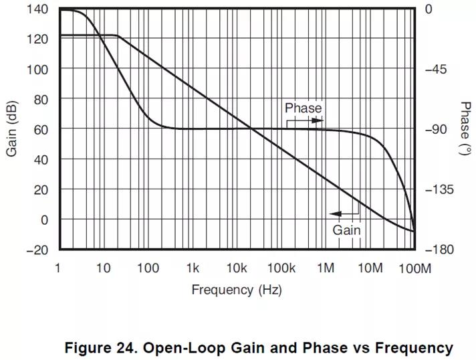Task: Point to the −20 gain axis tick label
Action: click(37, 250)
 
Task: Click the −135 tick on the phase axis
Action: click(439, 189)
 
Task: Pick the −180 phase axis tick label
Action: click(439, 250)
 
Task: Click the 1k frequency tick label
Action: click(193, 268)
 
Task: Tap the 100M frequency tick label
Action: click(414, 268)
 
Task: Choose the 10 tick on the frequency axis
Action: click(103, 268)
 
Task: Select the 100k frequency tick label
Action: click(281, 268)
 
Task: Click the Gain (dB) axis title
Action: click(12, 128)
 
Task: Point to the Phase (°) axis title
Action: click(465, 128)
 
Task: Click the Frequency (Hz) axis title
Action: click(236, 290)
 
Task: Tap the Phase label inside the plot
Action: click(303, 108)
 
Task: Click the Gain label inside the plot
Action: click(347, 230)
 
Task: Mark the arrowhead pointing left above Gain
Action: click(335, 214)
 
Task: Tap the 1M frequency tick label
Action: click(326, 268)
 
